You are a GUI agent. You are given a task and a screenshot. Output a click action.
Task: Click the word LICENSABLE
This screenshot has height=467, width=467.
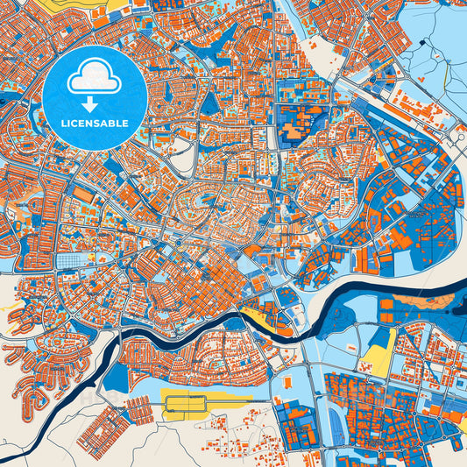[x=96, y=124]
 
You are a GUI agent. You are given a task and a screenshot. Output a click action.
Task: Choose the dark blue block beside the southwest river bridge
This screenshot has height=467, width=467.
[x=116, y=377]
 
